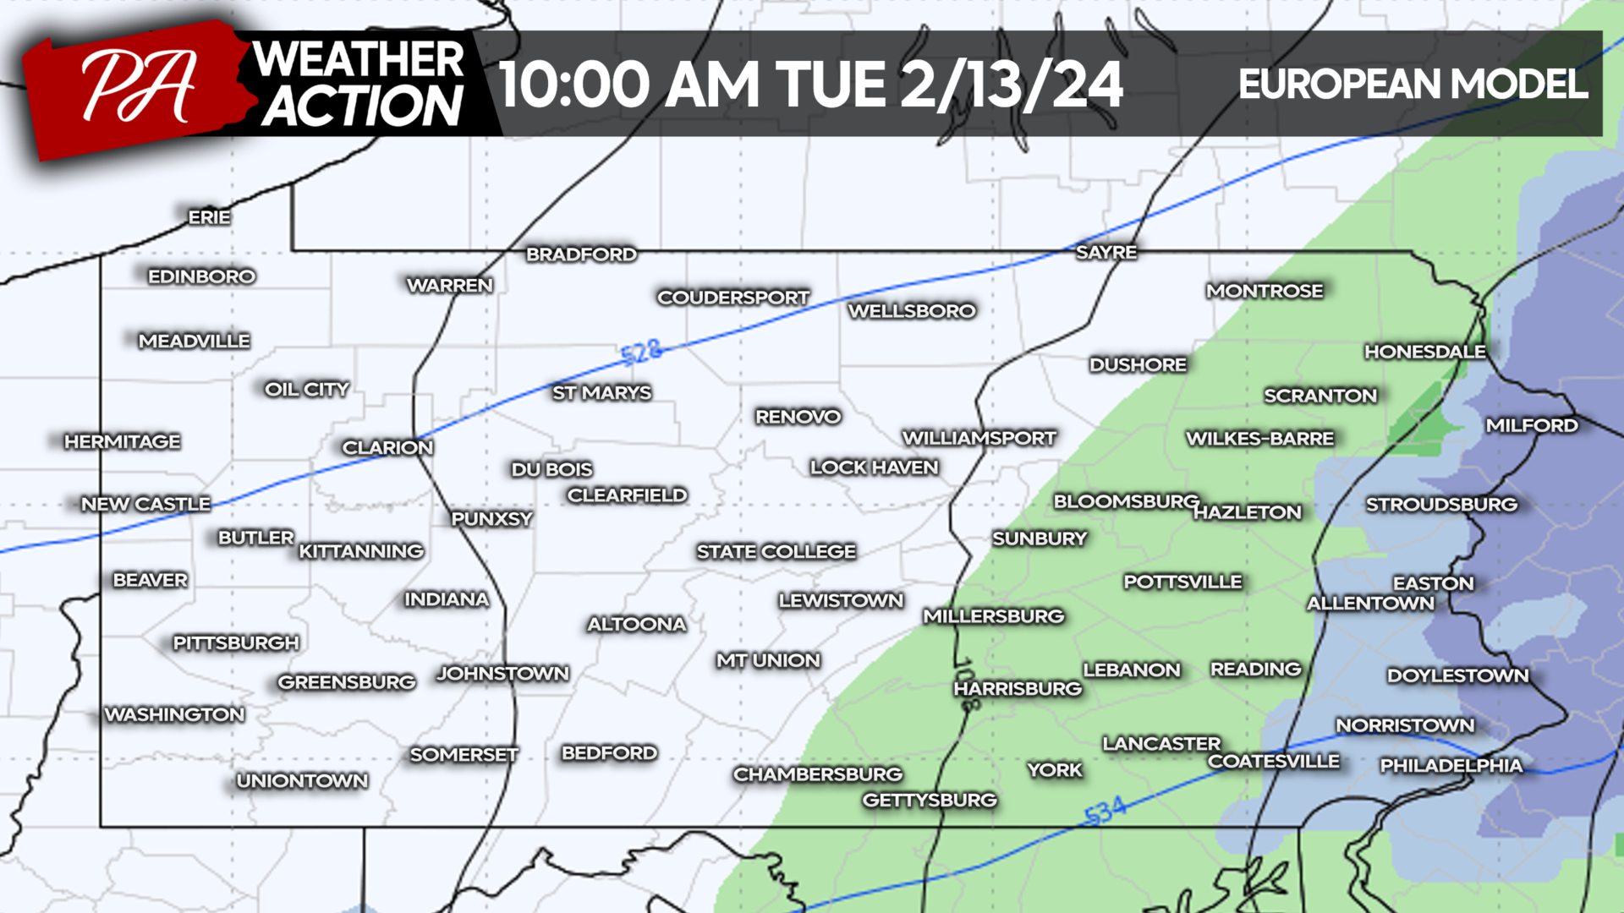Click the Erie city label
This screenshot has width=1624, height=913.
tap(209, 217)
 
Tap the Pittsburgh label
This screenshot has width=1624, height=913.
tap(236, 642)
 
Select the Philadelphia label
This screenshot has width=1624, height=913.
tap(1451, 765)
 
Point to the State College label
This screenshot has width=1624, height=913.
tap(776, 551)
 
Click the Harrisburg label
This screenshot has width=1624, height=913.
tap(1018, 688)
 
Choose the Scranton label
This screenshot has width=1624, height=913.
tap(1319, 395)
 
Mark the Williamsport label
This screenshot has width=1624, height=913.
tap(979, 438)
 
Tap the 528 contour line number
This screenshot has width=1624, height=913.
tap(640, 353)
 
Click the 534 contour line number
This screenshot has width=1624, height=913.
tap(1105, 811)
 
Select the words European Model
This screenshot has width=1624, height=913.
tap(1412, 84)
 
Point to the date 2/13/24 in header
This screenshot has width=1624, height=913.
tap(1011, 85)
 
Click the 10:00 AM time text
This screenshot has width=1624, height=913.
tap(628, 85)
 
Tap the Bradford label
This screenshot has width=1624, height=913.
tap(581, 254)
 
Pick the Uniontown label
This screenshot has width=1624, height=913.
tap(302, 780)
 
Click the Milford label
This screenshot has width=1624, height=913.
tap(1531, 425)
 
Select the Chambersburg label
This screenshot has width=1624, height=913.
tap(817, 774)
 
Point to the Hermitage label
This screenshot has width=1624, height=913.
tap(123, 441)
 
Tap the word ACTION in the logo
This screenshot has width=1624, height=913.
tap(361, 107)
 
